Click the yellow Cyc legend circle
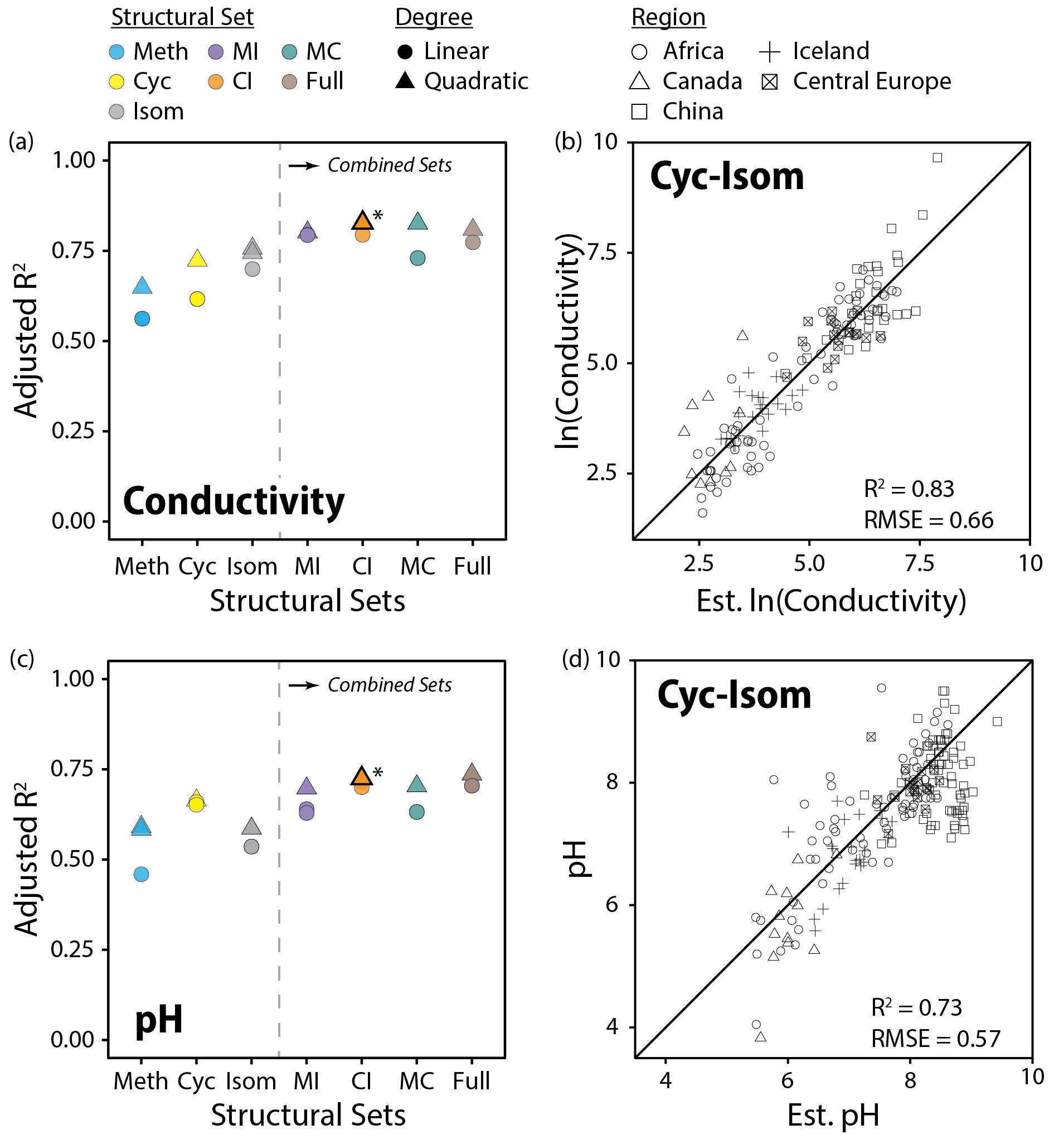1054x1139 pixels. (116, 82)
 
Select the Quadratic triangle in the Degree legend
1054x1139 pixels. (405, 81)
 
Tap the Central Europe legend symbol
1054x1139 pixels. (769, 82)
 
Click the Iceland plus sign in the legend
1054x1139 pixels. (769, 52)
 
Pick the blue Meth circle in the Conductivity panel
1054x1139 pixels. (142, 319)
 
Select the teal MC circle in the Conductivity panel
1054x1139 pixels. (417, 258)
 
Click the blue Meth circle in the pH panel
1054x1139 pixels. (142, 874)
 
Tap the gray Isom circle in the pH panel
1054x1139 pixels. (251, 847)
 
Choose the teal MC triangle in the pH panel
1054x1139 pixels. (417, 784)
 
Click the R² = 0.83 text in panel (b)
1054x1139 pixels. (909, 489)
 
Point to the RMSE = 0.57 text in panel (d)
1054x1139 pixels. (935, 1039)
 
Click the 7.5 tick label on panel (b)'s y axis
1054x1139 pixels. (604, 253)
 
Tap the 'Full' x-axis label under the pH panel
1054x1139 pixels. (471, 1082)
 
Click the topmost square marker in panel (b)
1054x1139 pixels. (937, 157)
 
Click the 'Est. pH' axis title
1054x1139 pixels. (833, 1115)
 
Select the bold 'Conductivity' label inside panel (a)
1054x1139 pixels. (234, 501)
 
